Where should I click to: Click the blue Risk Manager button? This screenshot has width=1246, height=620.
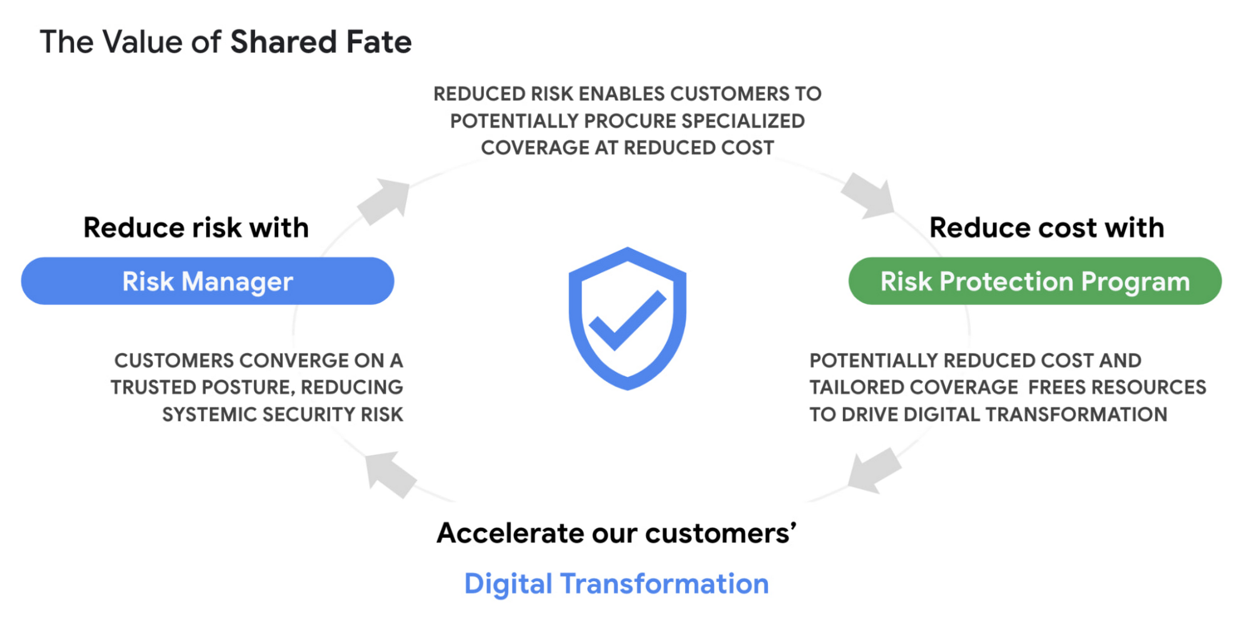tap(207, 281)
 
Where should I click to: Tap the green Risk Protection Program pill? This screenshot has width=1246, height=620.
tap(1035, 281)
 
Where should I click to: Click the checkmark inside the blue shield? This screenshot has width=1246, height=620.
tap(628, 320)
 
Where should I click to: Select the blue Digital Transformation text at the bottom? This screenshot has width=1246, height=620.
tap(616, 584)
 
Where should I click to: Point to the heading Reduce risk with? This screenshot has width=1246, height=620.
tap(196, 228)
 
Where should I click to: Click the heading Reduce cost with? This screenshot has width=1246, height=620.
tap(1047, 228)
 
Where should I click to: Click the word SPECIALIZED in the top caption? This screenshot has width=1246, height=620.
tap(743, 121)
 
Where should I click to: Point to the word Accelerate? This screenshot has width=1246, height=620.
tap(510, 533)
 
